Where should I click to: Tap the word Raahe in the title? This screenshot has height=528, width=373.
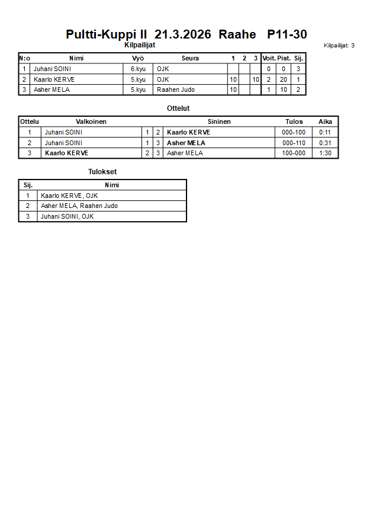point(237,34)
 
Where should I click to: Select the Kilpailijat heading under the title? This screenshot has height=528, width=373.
point(140,45)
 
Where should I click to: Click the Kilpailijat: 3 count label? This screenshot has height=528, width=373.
point(339,46)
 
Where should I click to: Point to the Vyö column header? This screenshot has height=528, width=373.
point(138,58)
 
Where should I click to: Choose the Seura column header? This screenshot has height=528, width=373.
point(190,58)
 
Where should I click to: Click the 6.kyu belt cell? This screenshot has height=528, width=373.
point(138,69)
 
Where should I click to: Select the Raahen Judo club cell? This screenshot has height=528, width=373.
point(176,90)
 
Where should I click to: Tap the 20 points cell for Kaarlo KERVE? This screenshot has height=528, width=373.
point(284,79)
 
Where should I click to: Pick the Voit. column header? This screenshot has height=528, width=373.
point(269,58)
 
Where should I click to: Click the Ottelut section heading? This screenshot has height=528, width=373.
point(178,108)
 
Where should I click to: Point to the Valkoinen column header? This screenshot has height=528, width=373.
point(91,121)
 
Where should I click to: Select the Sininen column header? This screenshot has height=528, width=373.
point(219,121)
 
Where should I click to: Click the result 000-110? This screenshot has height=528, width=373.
point(294,143)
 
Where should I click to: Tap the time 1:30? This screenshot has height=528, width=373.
point(325,153)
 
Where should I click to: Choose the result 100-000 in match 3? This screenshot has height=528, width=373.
point(294,153)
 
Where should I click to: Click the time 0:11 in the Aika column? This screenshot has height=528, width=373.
point(325,132)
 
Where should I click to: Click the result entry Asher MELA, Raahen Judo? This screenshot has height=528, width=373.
point(79,206)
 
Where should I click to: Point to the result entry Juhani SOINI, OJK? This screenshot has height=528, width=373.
point(67,216)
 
